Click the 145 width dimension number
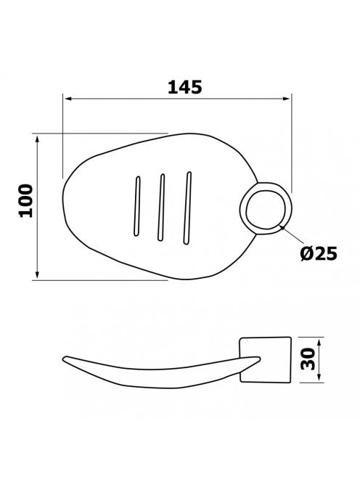(185, 87)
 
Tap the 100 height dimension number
(26, 201)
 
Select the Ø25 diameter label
(319, 253)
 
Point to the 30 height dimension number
(308, 359)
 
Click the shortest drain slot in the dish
(137, 206)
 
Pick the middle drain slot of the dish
(161, 207)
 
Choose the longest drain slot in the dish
(187, 208)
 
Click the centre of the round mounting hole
(266, 210)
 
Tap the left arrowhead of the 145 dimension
(67, 99)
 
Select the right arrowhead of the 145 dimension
(287, 99)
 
